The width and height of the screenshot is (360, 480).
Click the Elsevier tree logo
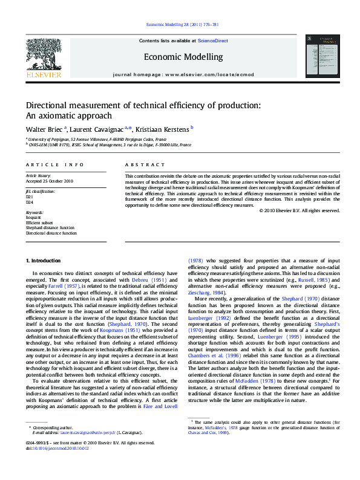point(43,57)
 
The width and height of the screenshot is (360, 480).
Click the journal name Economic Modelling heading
point(183,57)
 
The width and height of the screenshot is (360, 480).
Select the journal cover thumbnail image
point(318,59)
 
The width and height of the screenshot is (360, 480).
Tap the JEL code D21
point(29,198)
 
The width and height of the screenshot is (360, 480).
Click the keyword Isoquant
point(33,216)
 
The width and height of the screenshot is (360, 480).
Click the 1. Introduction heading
point(43,261)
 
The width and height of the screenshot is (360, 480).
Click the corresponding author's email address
point(85,433)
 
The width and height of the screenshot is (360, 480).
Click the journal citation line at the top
point(182,25)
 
